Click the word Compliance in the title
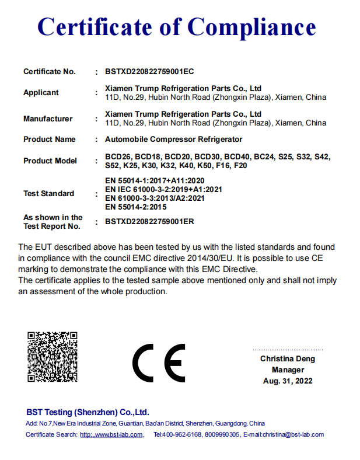252,27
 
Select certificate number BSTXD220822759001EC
149,72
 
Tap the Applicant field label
41,92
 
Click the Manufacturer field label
48,119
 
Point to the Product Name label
50,140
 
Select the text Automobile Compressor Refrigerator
173,140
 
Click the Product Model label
50,161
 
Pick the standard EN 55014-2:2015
136,206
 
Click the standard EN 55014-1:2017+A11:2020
155,181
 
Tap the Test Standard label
48,193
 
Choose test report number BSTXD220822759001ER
149,222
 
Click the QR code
53,357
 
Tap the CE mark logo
159,362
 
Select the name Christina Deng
288,359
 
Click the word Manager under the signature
288,370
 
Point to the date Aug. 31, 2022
288,381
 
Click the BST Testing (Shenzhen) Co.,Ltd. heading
88,411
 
